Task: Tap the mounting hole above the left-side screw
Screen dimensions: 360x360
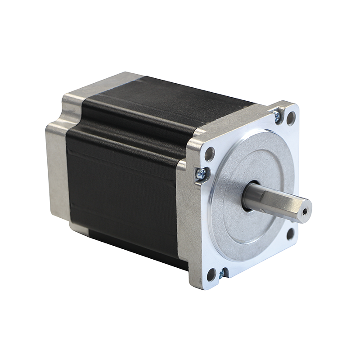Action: click(210, 154)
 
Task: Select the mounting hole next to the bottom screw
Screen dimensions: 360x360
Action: click(211, 273)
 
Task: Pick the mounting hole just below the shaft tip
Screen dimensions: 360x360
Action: click(290, 233)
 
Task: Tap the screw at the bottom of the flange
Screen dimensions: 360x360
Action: click(221, 273)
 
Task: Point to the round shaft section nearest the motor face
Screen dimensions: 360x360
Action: click(252, 197)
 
